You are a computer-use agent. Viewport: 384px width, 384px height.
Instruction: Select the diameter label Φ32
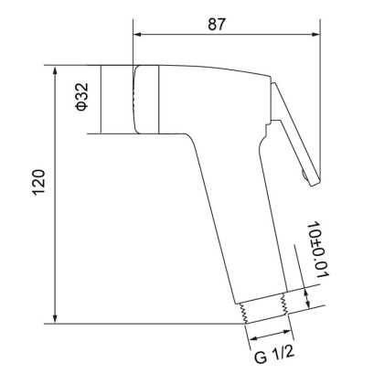point(80,99)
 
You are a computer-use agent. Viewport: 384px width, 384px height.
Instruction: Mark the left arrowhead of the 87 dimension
point(140,35)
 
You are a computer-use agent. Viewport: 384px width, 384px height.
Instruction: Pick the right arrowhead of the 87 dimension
point(315,35)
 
